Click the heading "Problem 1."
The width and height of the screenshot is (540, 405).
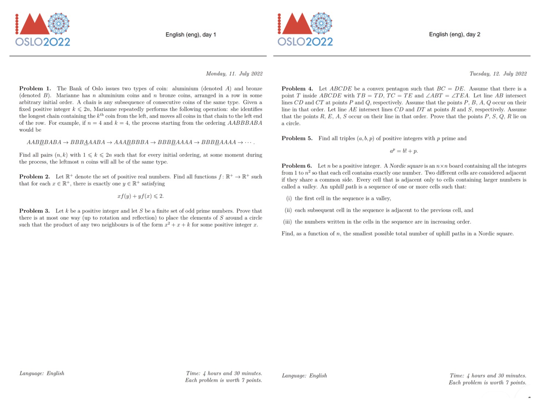[x=35, y=88]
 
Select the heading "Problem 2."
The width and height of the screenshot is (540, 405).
[x=34, y=177]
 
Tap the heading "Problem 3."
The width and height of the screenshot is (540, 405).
[x=34, y=211]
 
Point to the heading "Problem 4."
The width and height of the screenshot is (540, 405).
[x=297, y=89]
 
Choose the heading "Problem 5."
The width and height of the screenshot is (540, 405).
[x=297, y=138]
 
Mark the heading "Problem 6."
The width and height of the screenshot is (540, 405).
[x=297, y=166]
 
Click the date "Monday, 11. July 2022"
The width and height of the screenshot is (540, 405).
[x=234, y=74]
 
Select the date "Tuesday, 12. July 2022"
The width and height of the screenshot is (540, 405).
[x=498, y=74]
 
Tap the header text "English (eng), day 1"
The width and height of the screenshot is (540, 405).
[x=191, y=35]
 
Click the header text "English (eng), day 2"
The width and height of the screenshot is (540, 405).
[x=455, y=34]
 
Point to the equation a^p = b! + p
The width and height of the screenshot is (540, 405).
[x=404, y=151]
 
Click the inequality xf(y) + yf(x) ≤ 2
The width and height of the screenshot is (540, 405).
[x=141, y=196]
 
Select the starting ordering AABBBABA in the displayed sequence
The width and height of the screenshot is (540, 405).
[x=44, y=142]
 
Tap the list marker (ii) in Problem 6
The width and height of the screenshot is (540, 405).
[x=288, y=210]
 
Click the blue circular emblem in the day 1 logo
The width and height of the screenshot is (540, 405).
[x=59, y=23]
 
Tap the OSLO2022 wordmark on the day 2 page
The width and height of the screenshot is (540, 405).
[x=305, y=42]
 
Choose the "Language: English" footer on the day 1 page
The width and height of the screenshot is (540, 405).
[x=42, y=373]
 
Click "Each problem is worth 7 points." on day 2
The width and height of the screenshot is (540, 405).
[x=487, y=383]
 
